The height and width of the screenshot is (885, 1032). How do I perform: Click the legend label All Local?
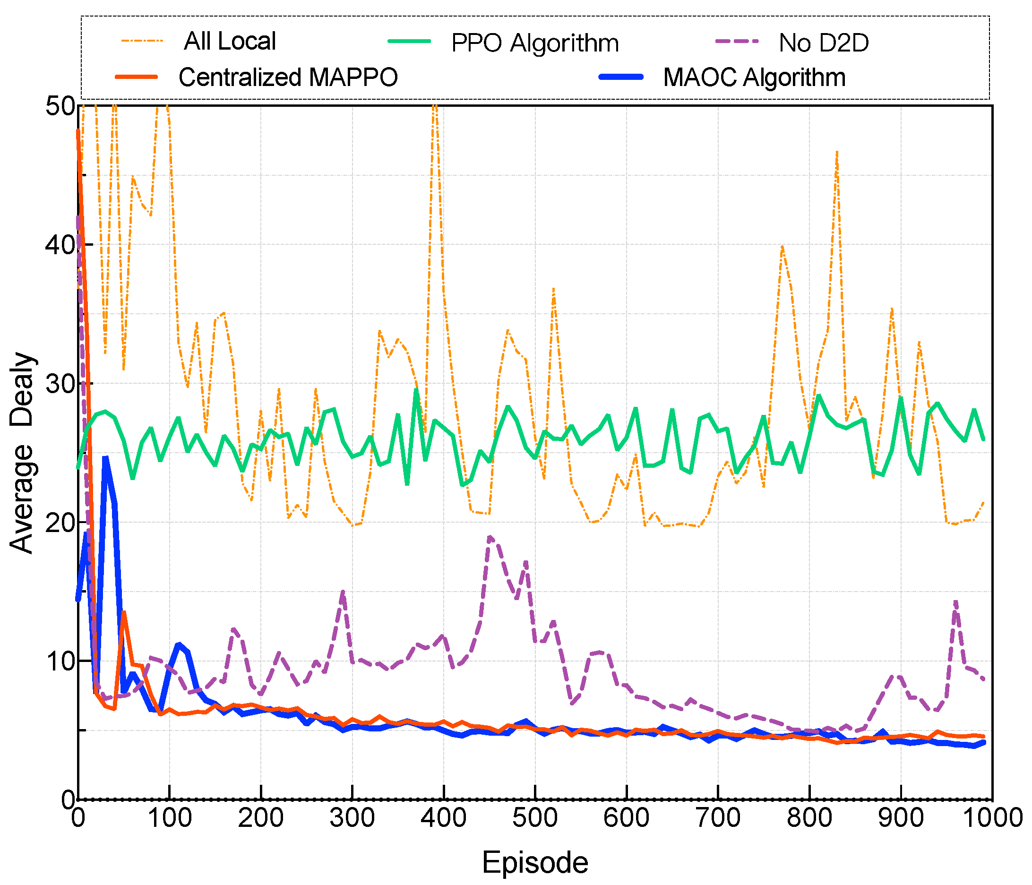[230, 41]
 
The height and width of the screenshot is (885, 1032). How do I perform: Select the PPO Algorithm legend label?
[535, 43]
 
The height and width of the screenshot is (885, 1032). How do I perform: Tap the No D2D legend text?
[824, 43]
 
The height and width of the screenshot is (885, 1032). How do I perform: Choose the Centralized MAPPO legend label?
[288, 77]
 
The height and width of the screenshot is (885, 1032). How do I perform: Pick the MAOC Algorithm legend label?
[754, 77]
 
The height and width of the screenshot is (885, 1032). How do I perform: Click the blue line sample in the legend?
[621, 77]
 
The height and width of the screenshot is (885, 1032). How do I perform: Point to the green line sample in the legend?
[409, 41]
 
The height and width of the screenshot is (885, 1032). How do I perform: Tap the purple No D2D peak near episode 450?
[490, 537]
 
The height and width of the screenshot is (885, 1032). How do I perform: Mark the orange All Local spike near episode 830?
[837, 152]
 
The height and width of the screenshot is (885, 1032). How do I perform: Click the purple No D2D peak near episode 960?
[955, 602]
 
